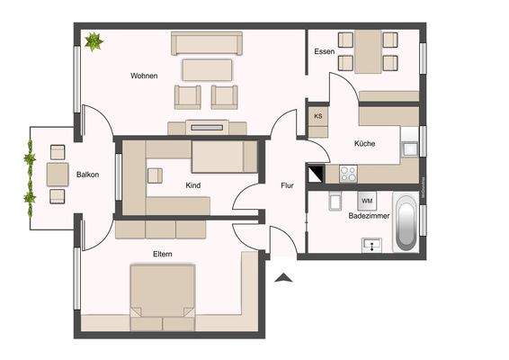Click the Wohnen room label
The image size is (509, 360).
coord(144,76)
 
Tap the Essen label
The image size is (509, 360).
coord(325,52)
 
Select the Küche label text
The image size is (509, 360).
coord(365,144)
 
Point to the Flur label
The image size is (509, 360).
coord(287,186)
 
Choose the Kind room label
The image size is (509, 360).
coord(192,186)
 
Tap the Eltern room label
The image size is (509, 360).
coord(162,255)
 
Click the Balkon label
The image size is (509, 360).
coord(87,175)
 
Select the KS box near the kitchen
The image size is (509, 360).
coord(317,117)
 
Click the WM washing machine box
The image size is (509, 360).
coord(367,201)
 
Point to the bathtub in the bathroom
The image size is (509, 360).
coord(406,226)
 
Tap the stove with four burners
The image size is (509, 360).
coord(347,173)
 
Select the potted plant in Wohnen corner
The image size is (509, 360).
coord(93,40)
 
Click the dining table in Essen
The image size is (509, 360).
coord(368,51)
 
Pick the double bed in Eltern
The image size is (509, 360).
coord(163,292)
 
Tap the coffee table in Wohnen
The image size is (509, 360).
coord(208,70)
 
